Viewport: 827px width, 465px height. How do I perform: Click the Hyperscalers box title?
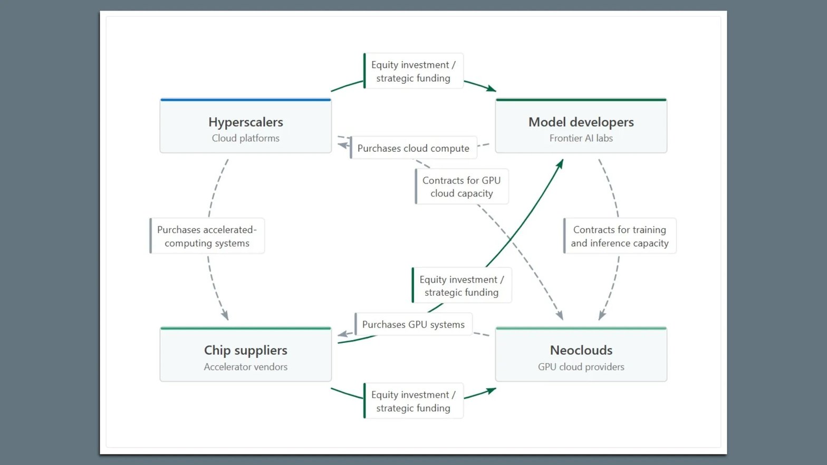click(x=246, y=122)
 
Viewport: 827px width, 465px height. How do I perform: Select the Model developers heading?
click(x=581, y=122)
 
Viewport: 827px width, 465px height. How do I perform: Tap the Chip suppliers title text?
click(x=246, y=350)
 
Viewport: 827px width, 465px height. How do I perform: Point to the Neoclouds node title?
click(x=581, y=350)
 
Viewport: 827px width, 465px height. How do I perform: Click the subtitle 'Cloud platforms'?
click(x=246, y=138)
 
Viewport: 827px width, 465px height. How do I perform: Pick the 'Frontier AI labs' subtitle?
click(x=581, y=138)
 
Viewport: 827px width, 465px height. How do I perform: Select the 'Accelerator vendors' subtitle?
click(x=246, y=367)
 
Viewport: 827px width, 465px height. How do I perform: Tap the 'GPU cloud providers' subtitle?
click(x=581, y=367)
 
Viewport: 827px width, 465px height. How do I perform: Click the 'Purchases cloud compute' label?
click(x=413, y=148)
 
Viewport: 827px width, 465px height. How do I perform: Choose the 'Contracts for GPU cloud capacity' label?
click(x=461, y=187)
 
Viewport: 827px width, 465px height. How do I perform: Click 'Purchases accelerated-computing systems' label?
click(x=207, y=236)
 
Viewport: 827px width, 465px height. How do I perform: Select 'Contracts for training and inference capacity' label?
click(x=620, y=236)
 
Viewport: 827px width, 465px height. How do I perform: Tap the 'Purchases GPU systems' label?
click(x=413, y=324)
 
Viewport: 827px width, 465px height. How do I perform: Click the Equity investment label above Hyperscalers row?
click(x=413, y=71)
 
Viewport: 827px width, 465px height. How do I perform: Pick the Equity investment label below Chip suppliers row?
click(x=413, y=401)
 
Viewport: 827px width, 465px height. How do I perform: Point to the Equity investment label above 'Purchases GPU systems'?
click(x=461, y=286)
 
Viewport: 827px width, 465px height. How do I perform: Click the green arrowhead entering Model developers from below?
click(x=560, y=164)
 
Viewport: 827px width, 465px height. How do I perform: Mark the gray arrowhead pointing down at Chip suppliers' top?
click(x=225, y=315)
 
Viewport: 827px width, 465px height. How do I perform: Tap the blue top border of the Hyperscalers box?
click(x=246, y=100)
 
